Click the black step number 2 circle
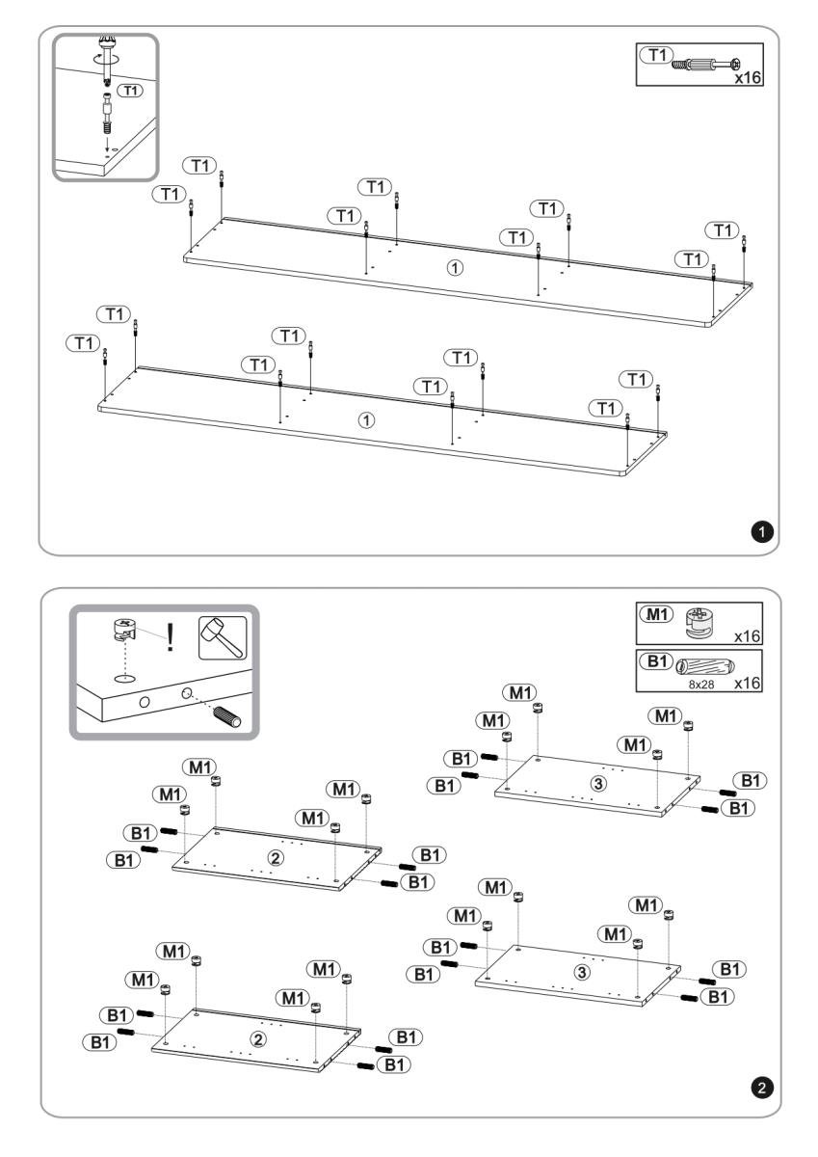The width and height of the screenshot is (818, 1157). [763, 1088]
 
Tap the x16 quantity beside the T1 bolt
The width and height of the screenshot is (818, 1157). [748, 77]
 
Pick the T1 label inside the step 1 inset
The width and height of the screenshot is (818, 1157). [126, 90]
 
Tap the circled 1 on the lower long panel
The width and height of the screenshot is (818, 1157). [366, 420]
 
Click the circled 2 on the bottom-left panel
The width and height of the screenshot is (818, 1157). [256, 1038]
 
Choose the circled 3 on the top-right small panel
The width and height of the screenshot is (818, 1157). [598, 783]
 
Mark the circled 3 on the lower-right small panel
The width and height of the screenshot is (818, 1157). [581, 972]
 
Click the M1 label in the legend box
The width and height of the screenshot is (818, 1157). [654, 615]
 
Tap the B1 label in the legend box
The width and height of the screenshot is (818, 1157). [654, 661]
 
